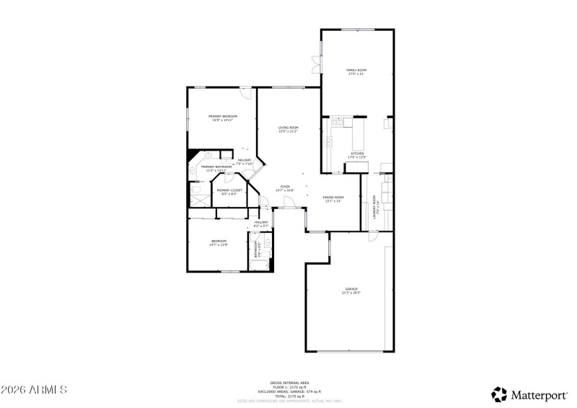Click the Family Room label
pyautogui.click(x=357, y=71)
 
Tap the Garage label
pyautogui.click(x=351, y=291)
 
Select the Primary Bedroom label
pyautogui.click(x=223, y=117)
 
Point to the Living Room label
pyautogui.click(x=288, y=129)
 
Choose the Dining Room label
pyautogui.click(x=333, y=199)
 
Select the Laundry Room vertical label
pyautogui.click(x=374, y=207)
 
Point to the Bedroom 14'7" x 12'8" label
pyautogui.click(x=219, y=243)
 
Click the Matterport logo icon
pyautogui.click(x=499, y=394)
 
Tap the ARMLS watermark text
pyautogui.click(x=34, y=390)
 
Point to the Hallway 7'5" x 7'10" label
pyautogui.click(x=245, y=161)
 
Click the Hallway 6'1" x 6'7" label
pyautogui.click(x=260, y=224)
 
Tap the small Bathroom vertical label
pyautogui.click(x=256, y=249)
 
